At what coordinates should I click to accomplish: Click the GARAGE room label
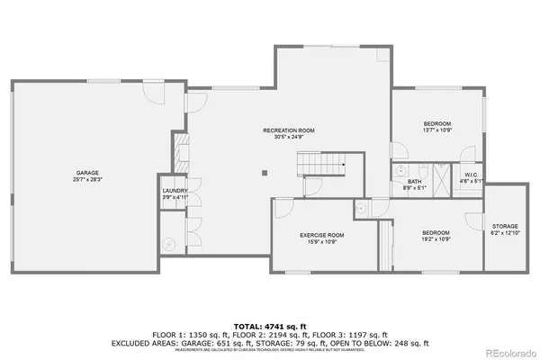tap(86, 173)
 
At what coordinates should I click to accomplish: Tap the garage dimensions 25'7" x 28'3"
tap(86, 180)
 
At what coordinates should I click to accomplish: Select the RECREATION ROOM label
tap(288, 131)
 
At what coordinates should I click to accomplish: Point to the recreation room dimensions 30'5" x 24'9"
tap(288, 139)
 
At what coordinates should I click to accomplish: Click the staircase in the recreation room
tap(322, 166)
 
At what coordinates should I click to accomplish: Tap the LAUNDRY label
tap(174, 191)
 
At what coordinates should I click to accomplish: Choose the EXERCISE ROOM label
tap(321, 235)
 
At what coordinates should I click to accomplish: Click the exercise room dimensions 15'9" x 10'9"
tap(321, 242)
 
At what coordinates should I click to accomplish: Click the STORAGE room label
tap(504, 225)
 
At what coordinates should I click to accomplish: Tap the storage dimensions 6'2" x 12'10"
tap(504, 232)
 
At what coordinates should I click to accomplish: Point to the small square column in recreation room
tap(264, 173)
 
